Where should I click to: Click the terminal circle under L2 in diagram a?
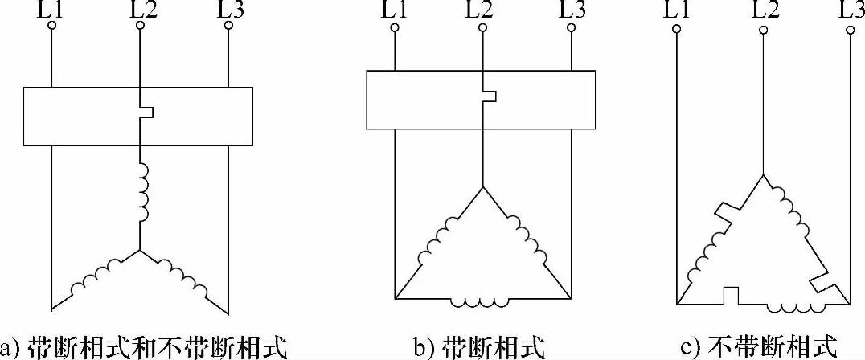pos(141,26)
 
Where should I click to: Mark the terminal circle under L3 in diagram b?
pos(570,29)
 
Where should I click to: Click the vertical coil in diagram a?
pos(142,193)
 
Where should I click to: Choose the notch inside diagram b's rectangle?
pos(488,96)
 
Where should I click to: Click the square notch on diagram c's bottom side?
pos(731,296)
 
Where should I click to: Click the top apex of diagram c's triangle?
pos(762,174)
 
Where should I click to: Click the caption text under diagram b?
pos(480,348)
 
